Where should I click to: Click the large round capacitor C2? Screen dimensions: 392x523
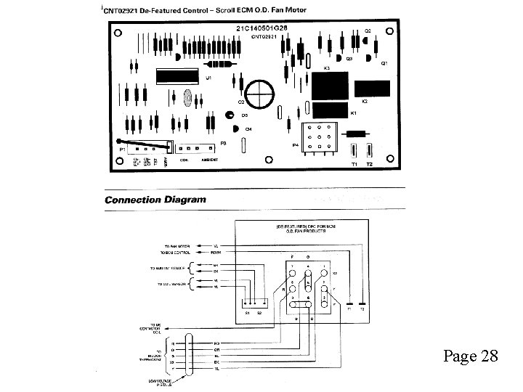(x=259, y=94)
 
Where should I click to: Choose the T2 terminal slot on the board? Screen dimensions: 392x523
(x=369, y=151)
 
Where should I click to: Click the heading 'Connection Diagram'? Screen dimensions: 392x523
(x=155, y=200)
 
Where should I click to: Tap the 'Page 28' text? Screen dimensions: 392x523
(x=470, y=356)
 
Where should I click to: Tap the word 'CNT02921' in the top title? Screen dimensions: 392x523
(x=124, y=12)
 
